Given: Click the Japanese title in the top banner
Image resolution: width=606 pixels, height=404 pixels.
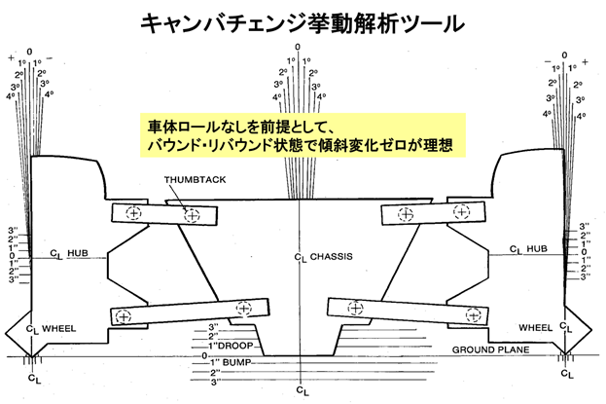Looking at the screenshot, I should (x=303, y=20).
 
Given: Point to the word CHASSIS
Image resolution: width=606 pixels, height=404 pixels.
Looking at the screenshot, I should (x=331, y=257).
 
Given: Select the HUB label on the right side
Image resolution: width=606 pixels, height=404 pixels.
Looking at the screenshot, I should (x=537, y=250).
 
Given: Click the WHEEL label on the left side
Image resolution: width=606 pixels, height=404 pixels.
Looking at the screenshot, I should (x=58, y=328).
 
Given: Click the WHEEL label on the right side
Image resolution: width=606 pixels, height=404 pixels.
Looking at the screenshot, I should (x=537, y=327).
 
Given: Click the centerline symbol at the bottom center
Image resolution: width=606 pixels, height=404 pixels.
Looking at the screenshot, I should (x=303, y=390).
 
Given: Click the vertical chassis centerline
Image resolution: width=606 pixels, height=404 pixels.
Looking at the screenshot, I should (x=303, y=292).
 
